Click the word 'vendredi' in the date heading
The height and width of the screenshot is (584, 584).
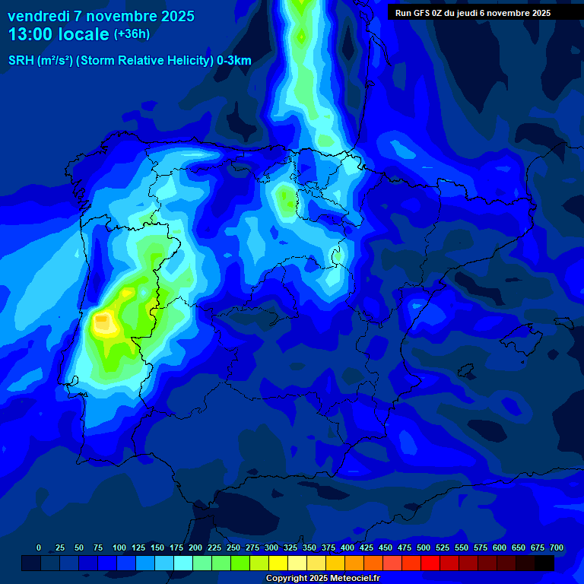(38, 16)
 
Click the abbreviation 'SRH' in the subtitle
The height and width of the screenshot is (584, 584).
(21, 61)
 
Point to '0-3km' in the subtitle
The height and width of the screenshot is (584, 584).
(233, 61)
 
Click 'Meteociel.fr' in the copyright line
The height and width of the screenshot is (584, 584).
(355, 579)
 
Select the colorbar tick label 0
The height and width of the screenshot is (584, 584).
(39, 548)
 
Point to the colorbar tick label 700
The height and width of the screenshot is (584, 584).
(557, 548)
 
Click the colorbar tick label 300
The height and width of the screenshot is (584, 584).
(271, 548)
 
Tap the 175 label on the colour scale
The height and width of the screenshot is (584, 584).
(176, 548)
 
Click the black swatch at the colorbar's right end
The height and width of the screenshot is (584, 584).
(544, 563)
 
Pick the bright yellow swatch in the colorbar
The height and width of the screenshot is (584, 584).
(278, 563)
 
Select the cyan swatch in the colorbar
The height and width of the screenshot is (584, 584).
(183, 563)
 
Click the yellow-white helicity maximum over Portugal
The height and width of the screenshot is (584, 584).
(102, 324)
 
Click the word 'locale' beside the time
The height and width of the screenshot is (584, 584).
(81, 34)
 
